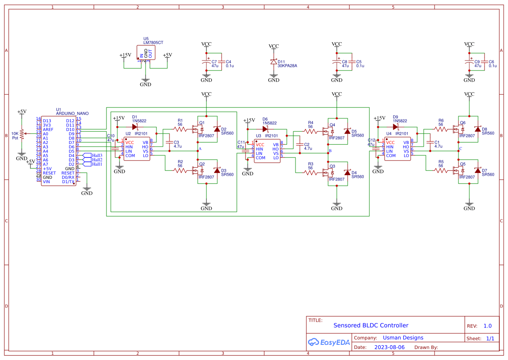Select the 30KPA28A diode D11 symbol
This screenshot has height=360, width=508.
click(x=273, y=62)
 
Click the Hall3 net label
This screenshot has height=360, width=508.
click(x=96, y=156)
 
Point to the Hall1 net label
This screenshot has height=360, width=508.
click(x=96, y=164)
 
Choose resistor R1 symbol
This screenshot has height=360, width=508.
click(x=180, y=129)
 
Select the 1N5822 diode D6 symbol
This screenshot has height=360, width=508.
click(x=265, y=129)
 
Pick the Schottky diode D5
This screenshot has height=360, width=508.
click(x=347, y=131)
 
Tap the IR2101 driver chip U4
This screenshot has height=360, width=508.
click(x=397, y=149)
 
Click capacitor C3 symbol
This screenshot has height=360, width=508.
click(x=169, y=143)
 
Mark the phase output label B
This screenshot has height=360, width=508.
click(x=330, y=151)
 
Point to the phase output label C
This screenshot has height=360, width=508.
click(x=461, y=149)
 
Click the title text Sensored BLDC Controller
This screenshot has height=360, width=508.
click(x=371, y=325)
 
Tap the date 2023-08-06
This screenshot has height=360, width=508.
click(x=389, y=347)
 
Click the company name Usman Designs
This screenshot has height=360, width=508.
click(x=403, y=338)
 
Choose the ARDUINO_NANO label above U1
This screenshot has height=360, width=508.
click(x=72, y=113)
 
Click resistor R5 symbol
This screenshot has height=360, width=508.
click(x=441, y=170)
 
